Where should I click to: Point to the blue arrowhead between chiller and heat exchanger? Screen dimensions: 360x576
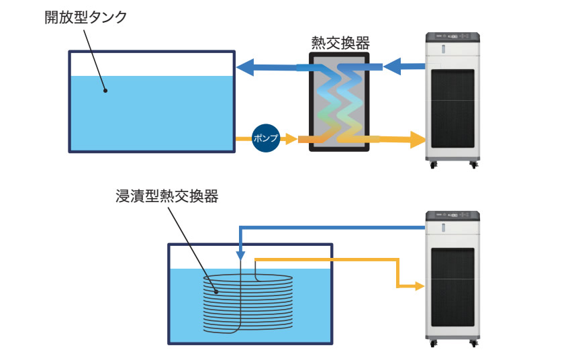392,66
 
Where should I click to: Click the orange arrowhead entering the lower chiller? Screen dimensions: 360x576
421,286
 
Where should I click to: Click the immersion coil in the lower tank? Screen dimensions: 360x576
248,302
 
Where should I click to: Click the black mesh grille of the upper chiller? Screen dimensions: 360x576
452,111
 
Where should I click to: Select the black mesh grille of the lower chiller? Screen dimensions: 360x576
452,289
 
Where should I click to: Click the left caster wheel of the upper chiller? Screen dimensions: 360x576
433,164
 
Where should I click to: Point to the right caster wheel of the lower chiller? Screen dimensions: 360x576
474,343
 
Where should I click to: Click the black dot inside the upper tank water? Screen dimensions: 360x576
105,89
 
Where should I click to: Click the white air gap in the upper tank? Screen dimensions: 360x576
152,64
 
